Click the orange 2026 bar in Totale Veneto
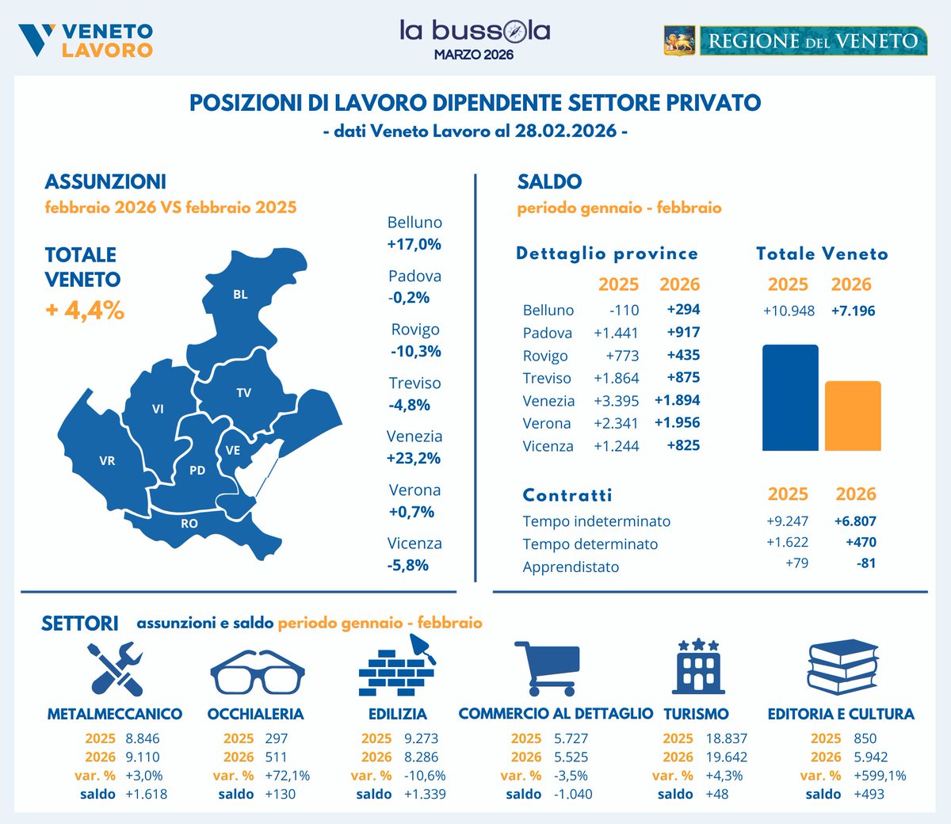(x=853, y=416)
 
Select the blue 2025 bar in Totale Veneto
(x=790, y=398)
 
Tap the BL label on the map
(x=240, y=295)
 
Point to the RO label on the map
(x=189, y=524)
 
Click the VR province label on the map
(x=107, y=460)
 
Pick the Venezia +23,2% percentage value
(x=414, y=458)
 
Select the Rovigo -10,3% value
(x=415, y=351)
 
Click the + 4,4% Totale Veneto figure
(x=85, y=310)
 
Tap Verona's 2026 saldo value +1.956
(x=677, y=422)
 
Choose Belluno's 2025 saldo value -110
(x=624, y=310)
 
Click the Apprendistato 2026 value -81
(x=865, y=563)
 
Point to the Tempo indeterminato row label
(x=596, y=521)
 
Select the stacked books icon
(x=842, y=667)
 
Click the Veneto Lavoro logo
(x=86, y=40)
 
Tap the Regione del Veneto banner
(x=795, y=40)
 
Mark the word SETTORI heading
(x=79, y=624)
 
